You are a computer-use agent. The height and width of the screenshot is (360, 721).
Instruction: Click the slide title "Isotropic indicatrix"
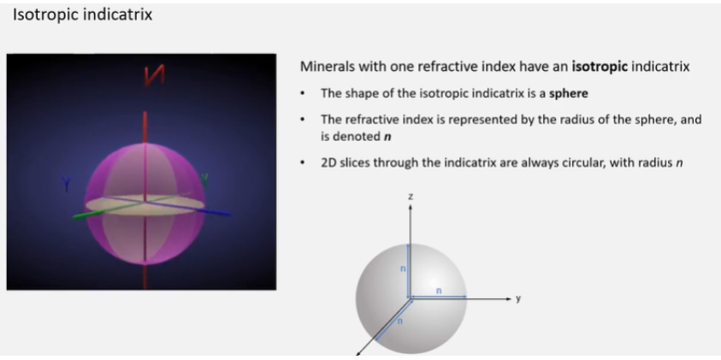[x=82, y=15]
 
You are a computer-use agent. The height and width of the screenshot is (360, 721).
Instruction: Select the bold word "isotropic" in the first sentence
[x=600, y=67]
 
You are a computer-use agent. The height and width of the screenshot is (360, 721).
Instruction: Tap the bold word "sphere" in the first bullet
[x=569, y=94]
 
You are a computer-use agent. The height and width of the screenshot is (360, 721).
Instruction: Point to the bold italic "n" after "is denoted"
[x=387, y=137]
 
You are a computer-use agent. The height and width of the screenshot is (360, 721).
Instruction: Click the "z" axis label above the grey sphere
[x=411, y=197]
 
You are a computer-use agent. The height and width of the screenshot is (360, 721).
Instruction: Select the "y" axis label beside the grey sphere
[x=518, y=298]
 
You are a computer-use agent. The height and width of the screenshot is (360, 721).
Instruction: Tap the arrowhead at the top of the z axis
[x=411, y=207]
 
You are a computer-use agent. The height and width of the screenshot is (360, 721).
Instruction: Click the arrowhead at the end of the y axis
[x=509, y=298]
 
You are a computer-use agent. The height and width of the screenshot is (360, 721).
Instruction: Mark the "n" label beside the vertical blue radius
[x=403, y=269]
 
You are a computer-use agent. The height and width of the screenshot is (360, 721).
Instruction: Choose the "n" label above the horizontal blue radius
[x=439, y=291]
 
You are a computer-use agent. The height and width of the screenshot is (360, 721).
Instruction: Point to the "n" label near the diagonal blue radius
[x=400, y=322]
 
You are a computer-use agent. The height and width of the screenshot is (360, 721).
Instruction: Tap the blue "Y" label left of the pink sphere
[x=67, y=183]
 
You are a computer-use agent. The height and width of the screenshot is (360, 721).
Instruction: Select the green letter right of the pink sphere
[x=204, y=180]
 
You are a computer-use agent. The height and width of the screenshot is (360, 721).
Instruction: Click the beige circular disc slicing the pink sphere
[x=145, y=204]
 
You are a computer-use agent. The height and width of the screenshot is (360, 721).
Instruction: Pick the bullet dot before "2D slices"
[x=303, y=163]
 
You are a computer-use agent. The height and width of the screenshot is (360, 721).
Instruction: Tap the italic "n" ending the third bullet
[x=679, y=163]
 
